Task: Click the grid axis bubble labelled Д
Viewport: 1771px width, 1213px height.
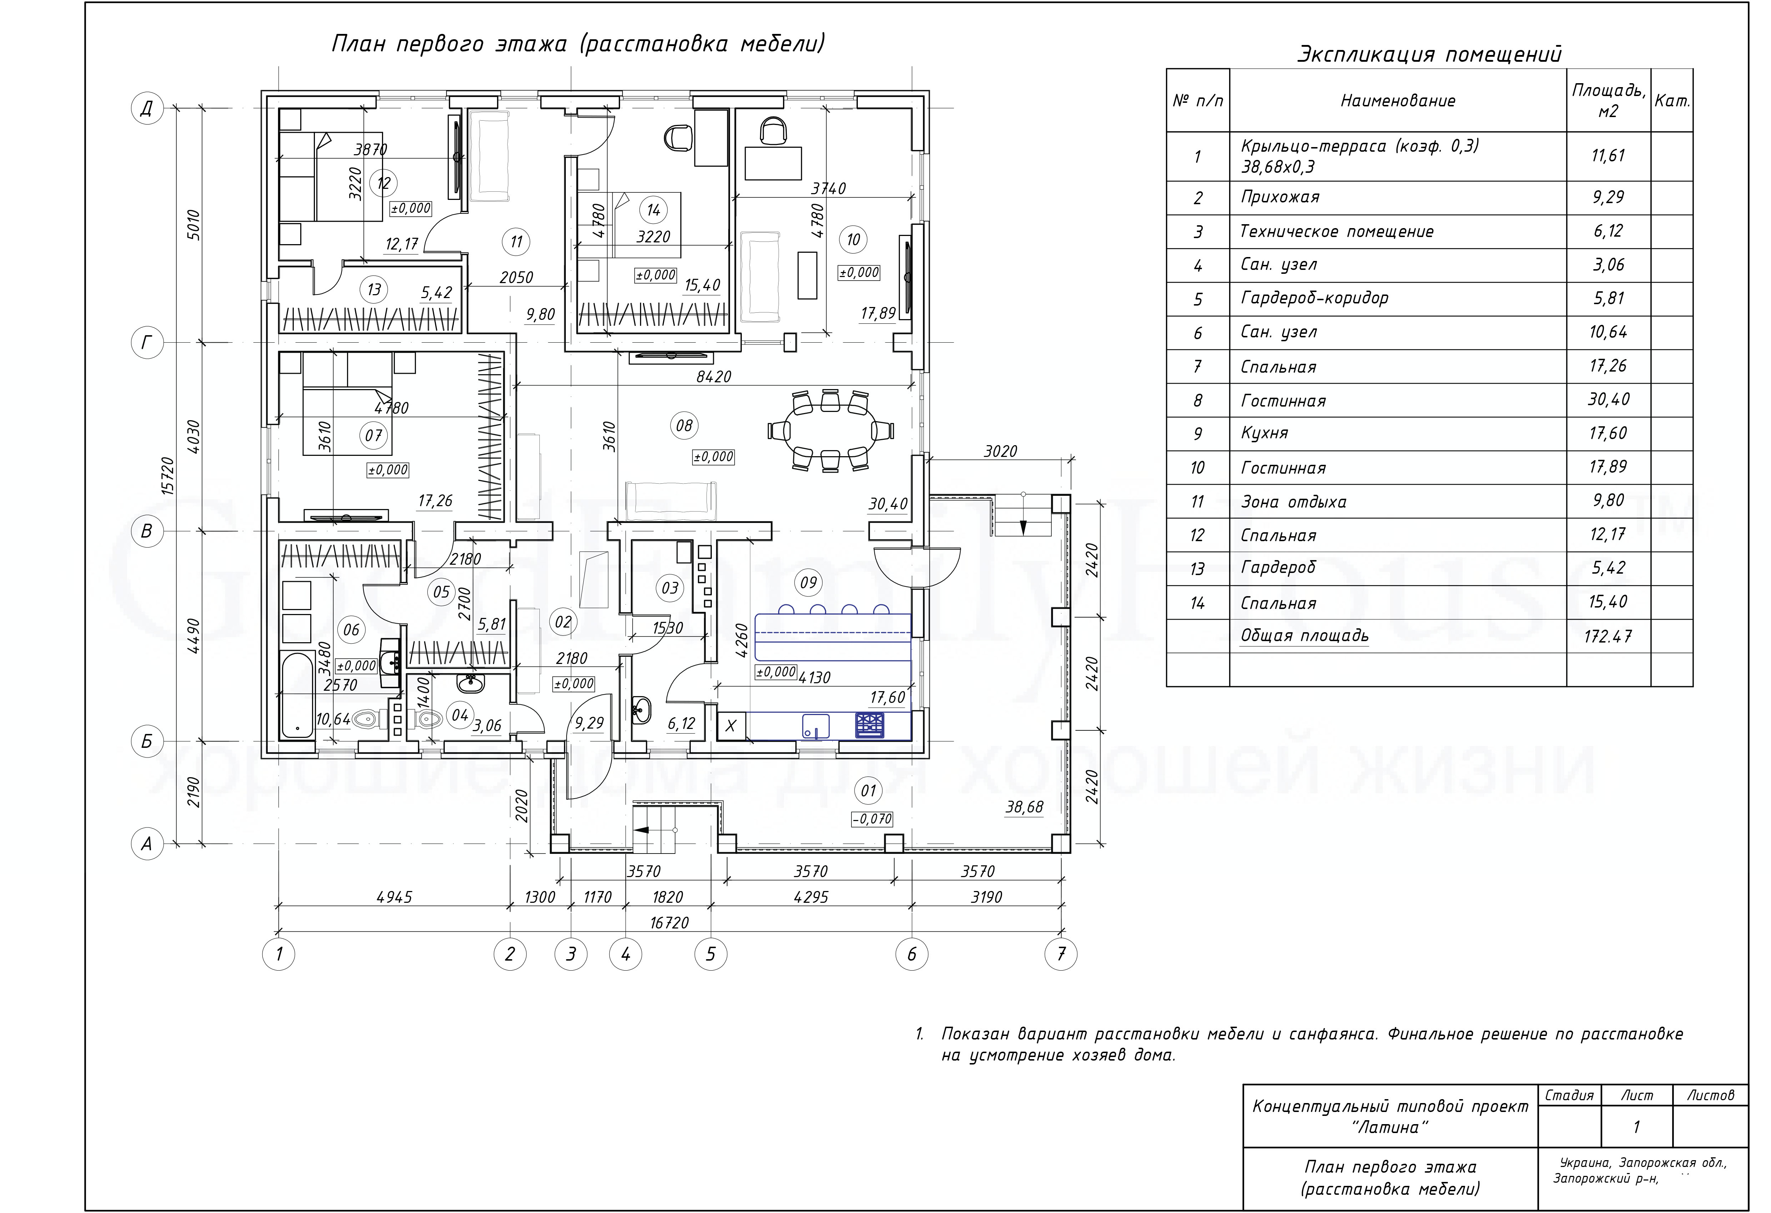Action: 147,108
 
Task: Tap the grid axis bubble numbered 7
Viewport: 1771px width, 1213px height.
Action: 1061,953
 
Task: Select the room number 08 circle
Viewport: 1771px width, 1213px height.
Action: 684,425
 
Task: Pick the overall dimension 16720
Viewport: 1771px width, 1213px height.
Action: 669,923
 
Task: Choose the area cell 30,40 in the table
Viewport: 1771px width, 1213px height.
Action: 1608,399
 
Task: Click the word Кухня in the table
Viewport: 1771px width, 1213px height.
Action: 1264,433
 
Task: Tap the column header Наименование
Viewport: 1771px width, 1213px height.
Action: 1398,101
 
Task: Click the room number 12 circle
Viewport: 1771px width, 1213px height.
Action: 383,183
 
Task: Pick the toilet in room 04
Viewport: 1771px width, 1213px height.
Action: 429,719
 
